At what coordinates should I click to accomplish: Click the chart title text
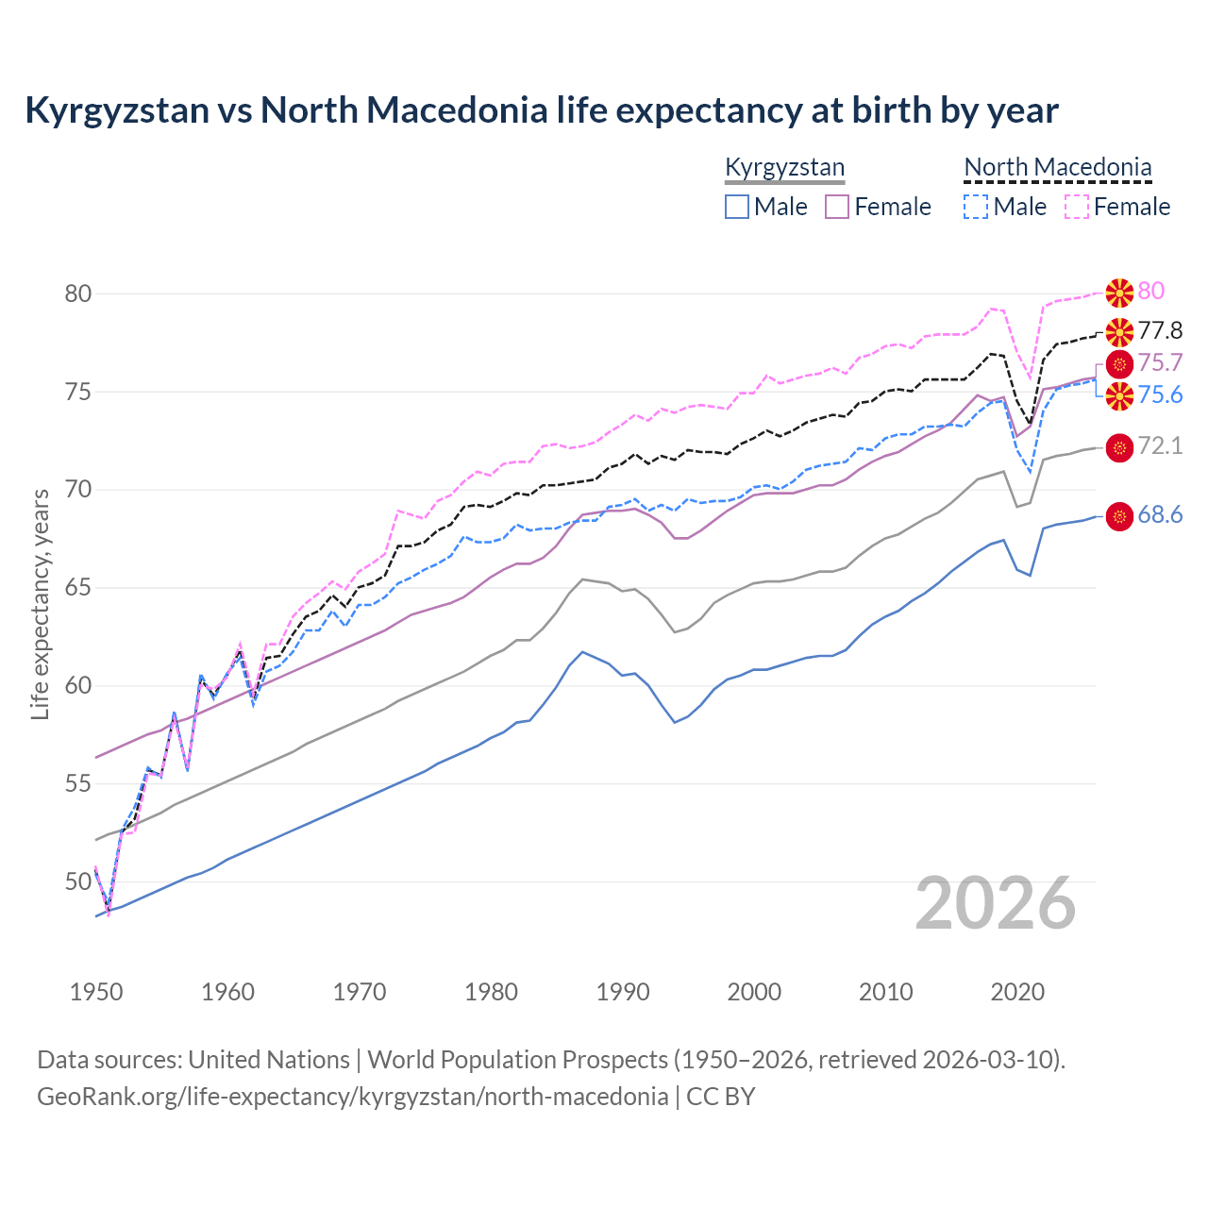[x=542, y=110]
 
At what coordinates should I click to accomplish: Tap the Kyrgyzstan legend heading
[x=784, y=168]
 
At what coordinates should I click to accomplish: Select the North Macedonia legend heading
[x=1058, y=168]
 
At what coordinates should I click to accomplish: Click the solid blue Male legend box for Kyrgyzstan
[x=737, y=207]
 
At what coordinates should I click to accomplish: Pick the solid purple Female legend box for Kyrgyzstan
[x=837, y=207]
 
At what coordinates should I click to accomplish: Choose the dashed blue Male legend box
[x=976, y=207]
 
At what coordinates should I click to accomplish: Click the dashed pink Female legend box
[x=1076, y=207]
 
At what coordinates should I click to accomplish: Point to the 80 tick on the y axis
[x=78, y=294]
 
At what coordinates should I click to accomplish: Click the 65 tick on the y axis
[x=78, y=588]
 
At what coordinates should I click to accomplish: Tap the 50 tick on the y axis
[x=78, y=882]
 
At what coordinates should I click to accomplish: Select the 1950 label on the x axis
[x=96, y=992]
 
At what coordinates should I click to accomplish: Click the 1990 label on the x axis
[x=623, y=992]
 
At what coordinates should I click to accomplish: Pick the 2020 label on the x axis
[x=1017, y=992]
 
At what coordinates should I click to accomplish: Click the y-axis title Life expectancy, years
[x=40, y=604]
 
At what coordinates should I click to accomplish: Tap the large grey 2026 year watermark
[x=996, y=903]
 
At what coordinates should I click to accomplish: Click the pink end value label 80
[x=1151, y=291]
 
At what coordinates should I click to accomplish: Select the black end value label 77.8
[x=1160, y=330]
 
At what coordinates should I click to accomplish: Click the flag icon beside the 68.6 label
[x=1119, y=516]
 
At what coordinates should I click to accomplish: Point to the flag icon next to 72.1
[x=1119, y=447]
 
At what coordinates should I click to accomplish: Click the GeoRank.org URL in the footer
[x=352, y=1097]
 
